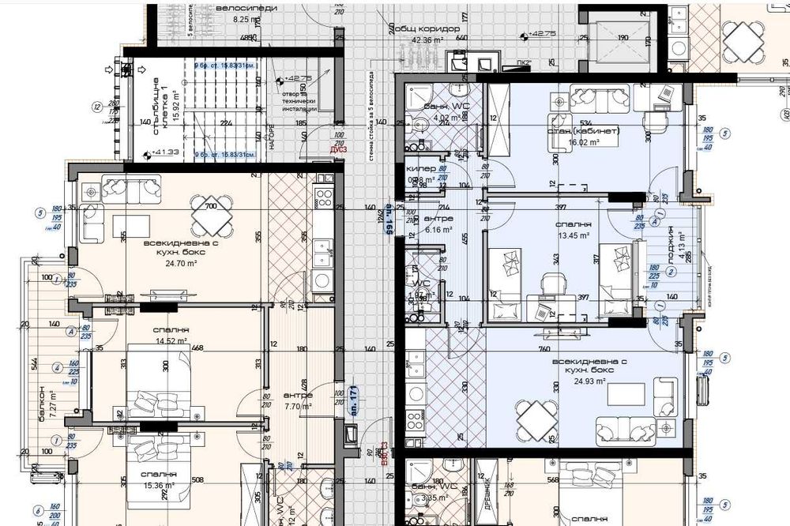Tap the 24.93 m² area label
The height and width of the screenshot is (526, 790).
tap(590, 381)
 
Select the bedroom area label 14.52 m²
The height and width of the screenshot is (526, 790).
tap(171, 341)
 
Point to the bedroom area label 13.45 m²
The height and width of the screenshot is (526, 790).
tap(575, 235)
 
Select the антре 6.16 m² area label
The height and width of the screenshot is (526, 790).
tap(438, 230)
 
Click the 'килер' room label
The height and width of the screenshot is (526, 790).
tap(420, 170)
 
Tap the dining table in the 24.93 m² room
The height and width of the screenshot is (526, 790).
tap(535, 419)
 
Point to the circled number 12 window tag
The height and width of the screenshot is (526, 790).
tap(96, 107)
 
